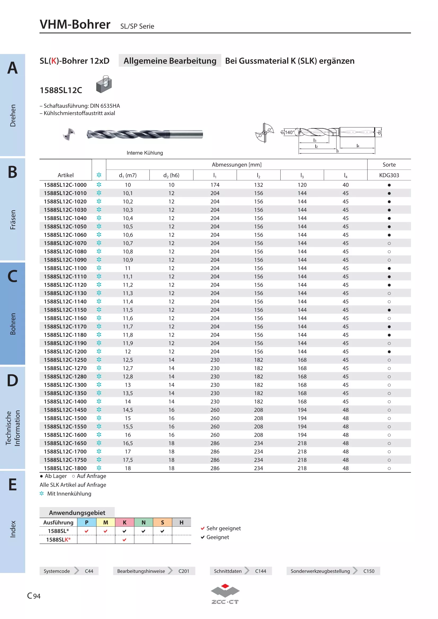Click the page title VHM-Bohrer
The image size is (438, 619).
point(75,24)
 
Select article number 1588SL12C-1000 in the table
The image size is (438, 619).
point(65,185)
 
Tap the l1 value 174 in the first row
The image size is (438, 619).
point(215,185)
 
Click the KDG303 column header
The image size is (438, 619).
point(389,175)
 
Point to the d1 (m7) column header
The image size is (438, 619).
point(128,175)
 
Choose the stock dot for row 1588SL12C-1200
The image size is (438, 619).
point(389,351)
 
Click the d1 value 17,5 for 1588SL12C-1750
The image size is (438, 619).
point(128,460)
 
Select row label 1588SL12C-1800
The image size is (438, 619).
point(65,468)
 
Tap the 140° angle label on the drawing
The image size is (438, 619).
point(289,132)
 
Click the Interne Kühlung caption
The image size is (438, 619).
point(145,153)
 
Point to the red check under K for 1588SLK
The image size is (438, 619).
point(125,540)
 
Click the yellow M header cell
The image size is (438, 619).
point(105,522)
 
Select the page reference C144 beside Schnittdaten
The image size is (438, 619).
point(260,571)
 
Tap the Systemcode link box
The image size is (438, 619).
point(69,571)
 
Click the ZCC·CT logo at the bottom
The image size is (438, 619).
point(225,594)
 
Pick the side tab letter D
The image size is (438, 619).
point(12,380)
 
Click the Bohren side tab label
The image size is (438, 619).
point(13,324)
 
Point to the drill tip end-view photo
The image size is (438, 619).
point(69,134)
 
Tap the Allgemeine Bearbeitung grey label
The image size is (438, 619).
point(170,61)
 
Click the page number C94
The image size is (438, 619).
point(34,596)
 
